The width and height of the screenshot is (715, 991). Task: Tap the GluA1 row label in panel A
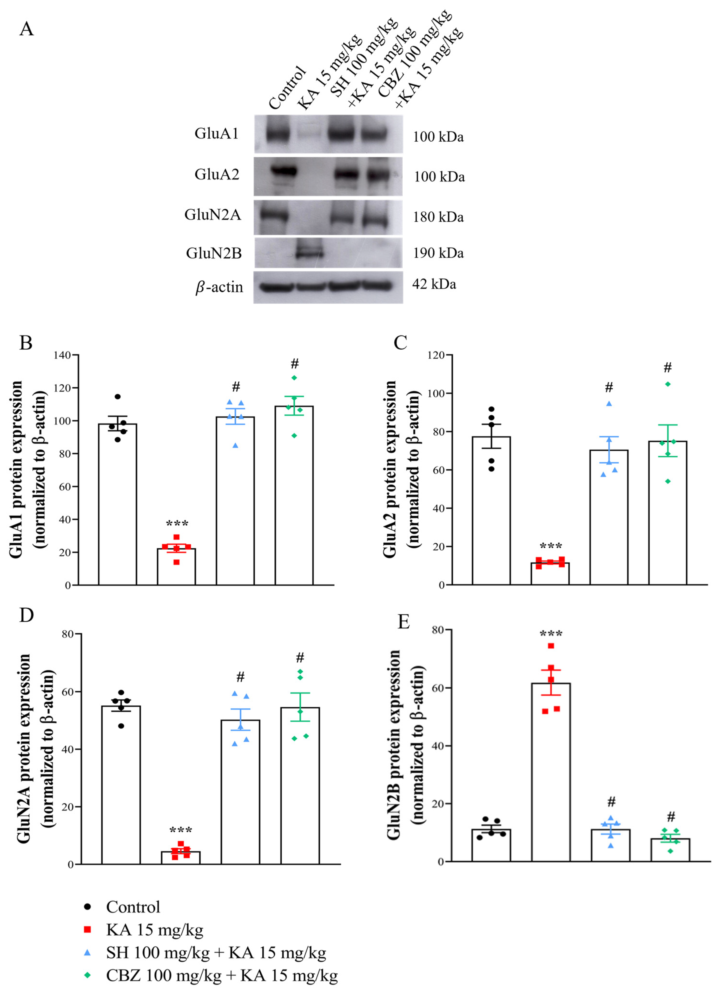(x=217, y=133)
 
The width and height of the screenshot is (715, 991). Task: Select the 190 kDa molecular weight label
(x=438, y=253)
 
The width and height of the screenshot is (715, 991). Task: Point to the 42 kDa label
(x=434, y=285)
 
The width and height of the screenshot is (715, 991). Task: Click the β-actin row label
(x=219, y=287)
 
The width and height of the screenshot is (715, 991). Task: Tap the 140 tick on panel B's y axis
(x=62, y=355)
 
